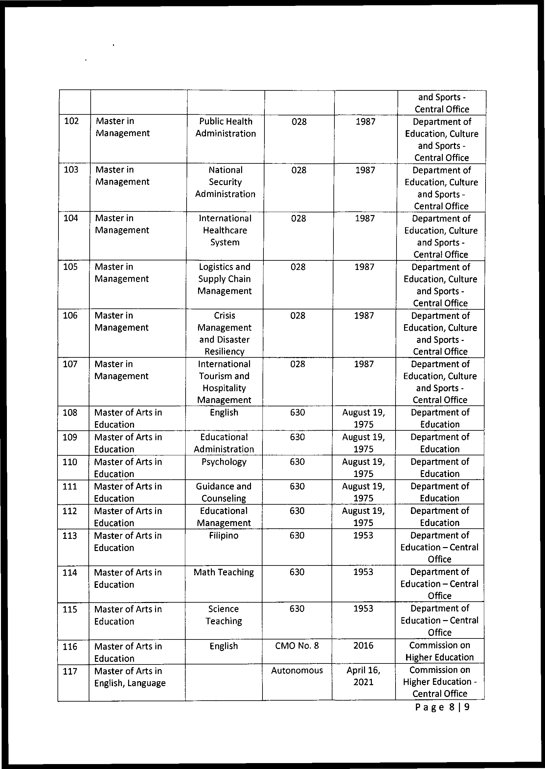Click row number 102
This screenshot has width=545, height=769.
(x=71, y=121)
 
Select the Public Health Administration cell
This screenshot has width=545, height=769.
(x=225, y=127)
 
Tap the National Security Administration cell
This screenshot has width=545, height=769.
(x=225, y=182)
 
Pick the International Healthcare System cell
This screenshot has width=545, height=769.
(x=225, y=230)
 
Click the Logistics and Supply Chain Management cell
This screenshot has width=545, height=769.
(x=224, y=279)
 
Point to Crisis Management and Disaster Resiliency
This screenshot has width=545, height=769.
(x=224, y=333)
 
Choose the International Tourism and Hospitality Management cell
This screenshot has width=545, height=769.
(x=224, y=382)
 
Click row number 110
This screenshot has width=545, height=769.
(x=70, y=462)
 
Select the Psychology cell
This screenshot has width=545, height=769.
(x=224, y=462)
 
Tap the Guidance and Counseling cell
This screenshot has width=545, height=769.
(x=223, y=492)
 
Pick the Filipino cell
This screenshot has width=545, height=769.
(x=223, y=536)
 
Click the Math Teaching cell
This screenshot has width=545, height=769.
(x=223, y=572)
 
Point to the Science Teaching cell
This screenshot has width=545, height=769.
(x=223, y=615)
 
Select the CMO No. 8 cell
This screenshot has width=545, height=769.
(x=297, y=645)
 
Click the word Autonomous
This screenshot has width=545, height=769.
(x=297, y=670)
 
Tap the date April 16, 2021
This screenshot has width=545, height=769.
(x=363, y=676)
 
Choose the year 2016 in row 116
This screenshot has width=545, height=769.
(x=363, y=645)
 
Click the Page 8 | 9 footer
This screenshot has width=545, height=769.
(x=442, y=707)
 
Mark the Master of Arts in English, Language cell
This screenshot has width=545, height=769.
(x=130, y=677)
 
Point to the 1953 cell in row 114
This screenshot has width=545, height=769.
(x=363, y=572)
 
